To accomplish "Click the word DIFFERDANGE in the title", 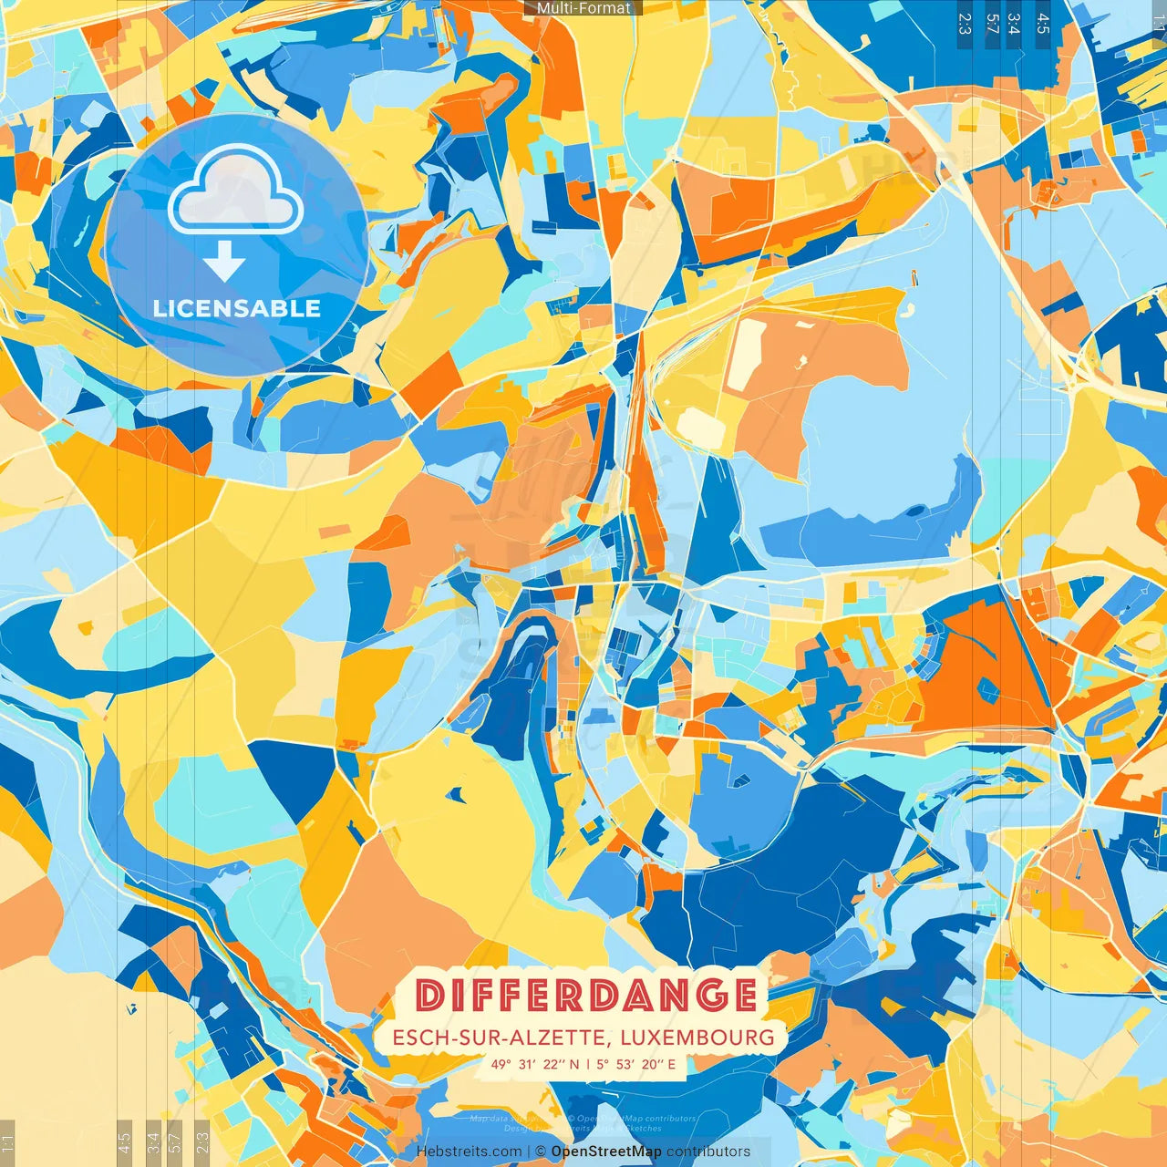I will (x=586, y=995).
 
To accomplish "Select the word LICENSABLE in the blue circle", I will (x=237, y=308).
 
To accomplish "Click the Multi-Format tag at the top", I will (x=583, y=8).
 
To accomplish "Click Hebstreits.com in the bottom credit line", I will (x=470, y=1152).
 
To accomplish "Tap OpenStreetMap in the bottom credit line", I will (x=606, y=1152).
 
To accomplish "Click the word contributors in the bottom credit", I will (x=708, y=1152).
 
